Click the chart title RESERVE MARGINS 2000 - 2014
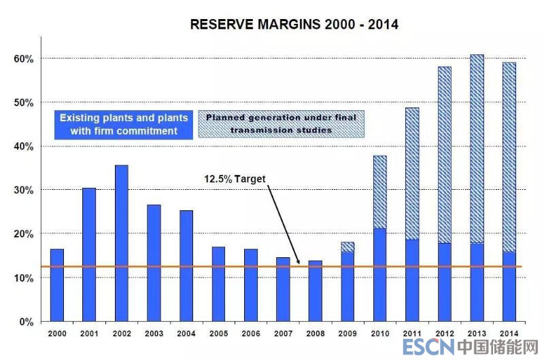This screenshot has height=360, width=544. point(294,24)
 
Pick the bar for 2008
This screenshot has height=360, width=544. point(315,291)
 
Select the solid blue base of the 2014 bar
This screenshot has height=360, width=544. point(509,287)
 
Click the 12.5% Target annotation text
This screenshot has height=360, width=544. point(234,179)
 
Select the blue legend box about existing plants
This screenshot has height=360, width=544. point(123,124)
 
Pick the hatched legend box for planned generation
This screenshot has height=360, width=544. point(282,124)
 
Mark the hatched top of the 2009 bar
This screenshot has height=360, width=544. point(347,247)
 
